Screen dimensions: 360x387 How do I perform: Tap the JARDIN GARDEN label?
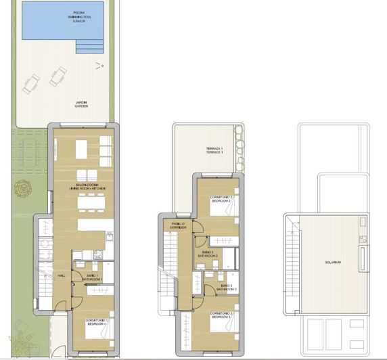(x=84, y=104)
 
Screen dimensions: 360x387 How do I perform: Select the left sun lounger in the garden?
(x=31, y=84)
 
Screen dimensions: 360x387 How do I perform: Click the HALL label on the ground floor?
(x=61, y=275)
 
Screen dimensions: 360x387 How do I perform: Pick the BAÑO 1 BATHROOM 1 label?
(x=93, y=277)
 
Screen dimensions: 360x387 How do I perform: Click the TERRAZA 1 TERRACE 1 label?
(x=214, y=151)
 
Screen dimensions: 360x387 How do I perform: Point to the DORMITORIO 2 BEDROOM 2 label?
(x=221, y=199)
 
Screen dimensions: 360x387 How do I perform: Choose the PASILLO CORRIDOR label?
(x=179, y=226)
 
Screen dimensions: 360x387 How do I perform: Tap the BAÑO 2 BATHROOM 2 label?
(x=208, y=255)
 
